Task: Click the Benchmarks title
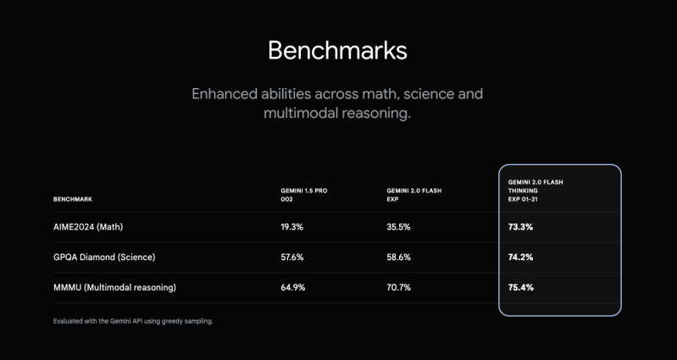[337, 51]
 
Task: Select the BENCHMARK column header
[73, 199]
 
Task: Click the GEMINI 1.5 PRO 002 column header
[304, 195]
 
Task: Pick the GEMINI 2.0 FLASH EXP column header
[414, 195]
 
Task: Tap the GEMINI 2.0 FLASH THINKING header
[535, 191]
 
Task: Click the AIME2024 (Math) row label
[88, 227]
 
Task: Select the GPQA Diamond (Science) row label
[104, 258]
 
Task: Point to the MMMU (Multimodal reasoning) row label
[114, 287]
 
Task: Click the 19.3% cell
[291, 227]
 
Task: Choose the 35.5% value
[398, 227]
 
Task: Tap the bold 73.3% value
[520, 227]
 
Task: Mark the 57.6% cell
[291, 258]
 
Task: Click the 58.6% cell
[398, 258]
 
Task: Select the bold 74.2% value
[520, 258]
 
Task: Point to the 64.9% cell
[292, 287]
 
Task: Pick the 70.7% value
[398, 287]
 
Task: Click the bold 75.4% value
[520, 287]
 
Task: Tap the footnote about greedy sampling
[133, 322]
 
